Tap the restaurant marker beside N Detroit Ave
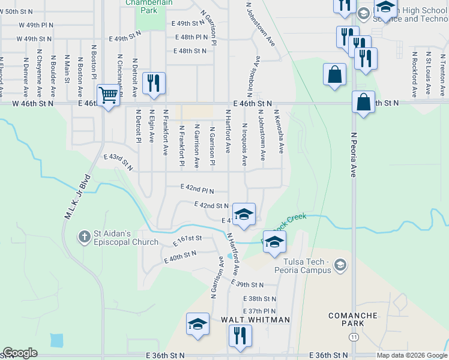(x=154, y=83)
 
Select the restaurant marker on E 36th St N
(x=239, y=336)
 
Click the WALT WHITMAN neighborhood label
(x=256, y=320)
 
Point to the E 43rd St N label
(x=118, y=161)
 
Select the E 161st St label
(x=187, y=241)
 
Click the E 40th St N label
(x=181, y=257)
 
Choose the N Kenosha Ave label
(x=279, y=130)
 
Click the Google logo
(x=20, y=353)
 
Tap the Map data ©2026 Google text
(x=411, y=355)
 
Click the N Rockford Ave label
(x=414, y=74)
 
